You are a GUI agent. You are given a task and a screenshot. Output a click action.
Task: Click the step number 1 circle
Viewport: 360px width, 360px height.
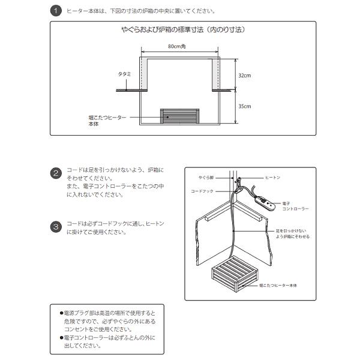[x=55, y=11]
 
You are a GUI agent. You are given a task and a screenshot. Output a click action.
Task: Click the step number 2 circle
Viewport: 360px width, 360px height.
[x=55, y=174]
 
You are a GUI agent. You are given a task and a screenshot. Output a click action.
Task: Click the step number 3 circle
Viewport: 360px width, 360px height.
[x=55, y=227]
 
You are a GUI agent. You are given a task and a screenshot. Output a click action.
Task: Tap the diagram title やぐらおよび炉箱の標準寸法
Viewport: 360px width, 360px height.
[x=183, y=29]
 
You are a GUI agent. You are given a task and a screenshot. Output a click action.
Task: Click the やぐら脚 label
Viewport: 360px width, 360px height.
[x=206, y=178]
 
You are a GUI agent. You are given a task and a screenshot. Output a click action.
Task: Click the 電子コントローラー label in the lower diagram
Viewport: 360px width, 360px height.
[x=295, y=206]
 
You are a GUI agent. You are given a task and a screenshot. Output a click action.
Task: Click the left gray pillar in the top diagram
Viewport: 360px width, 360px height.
[x=145, y=75]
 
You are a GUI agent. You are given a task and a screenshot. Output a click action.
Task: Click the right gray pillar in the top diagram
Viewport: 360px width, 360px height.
[x=215, y=75]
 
